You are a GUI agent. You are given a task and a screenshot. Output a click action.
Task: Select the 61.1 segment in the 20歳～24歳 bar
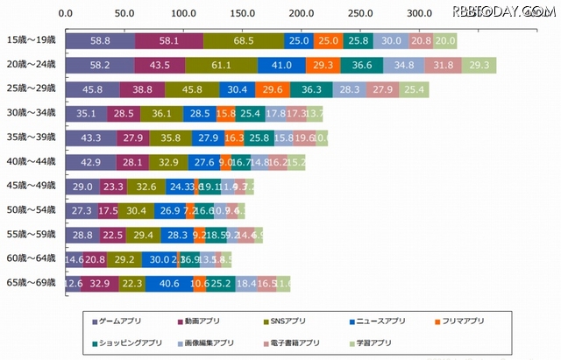221,66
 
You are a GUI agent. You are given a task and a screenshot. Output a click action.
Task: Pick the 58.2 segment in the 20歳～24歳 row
99,66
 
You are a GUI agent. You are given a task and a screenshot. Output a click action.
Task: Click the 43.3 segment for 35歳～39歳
90,138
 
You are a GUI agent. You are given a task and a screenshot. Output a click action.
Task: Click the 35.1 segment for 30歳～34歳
86,114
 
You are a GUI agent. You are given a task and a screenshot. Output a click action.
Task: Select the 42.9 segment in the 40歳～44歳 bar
90,162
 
